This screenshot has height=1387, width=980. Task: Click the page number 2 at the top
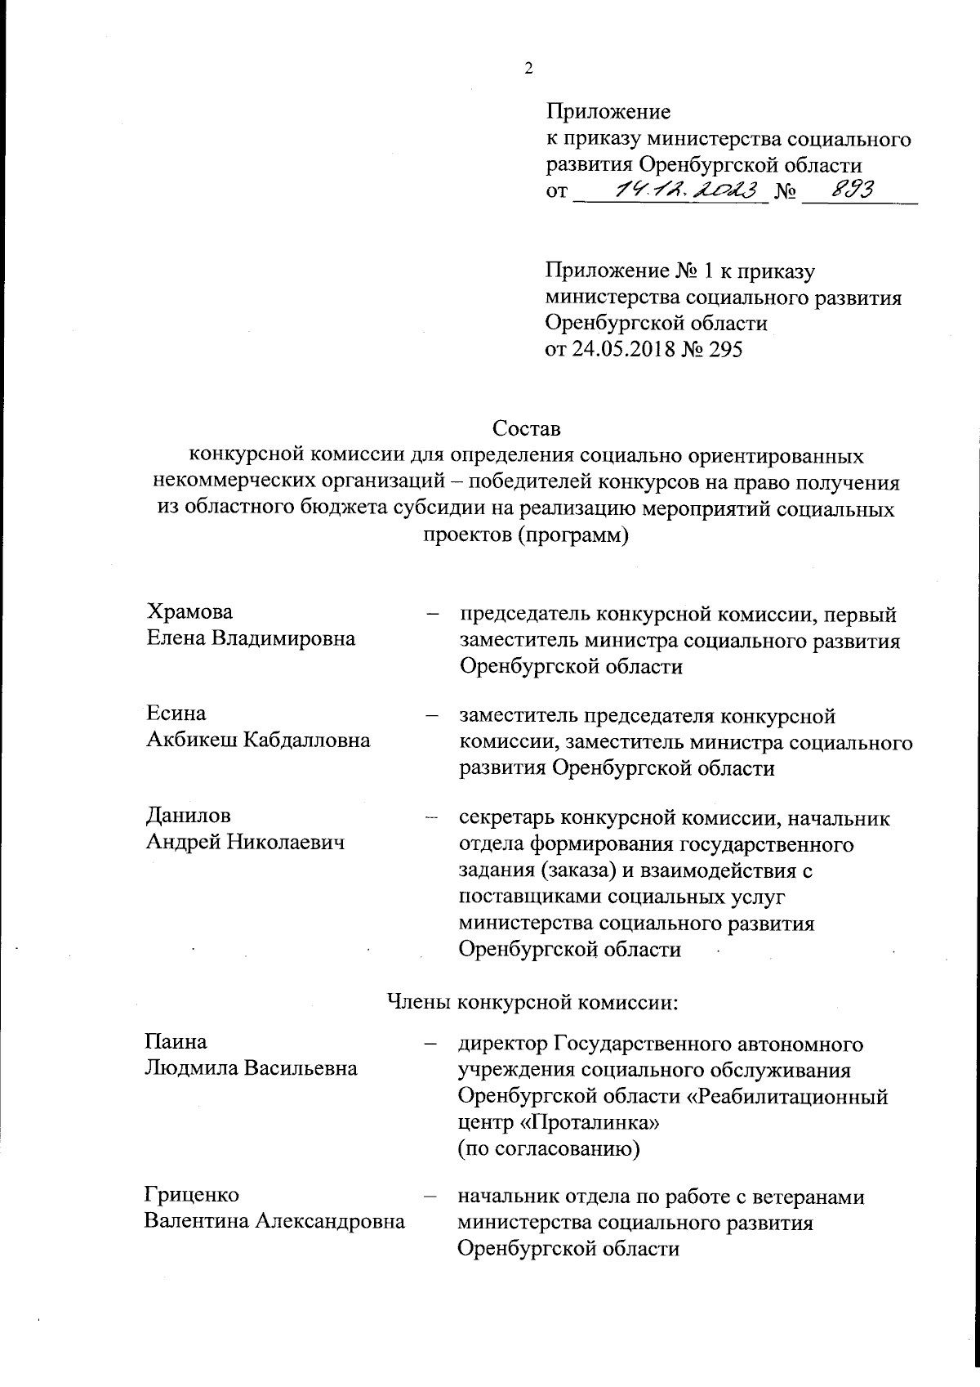[528, 69]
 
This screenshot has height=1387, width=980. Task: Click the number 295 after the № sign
[726, 350]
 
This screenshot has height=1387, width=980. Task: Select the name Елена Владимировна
[251, 638]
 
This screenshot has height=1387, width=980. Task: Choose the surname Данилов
[188, 817]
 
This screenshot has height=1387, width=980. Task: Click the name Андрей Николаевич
[244, 843]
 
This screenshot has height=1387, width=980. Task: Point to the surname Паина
[176, 1042]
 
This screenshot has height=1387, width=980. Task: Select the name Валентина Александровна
[275, 1221]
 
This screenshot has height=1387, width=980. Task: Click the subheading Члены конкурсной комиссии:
[532, 1002]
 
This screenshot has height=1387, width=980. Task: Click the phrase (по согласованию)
[548, 1149]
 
